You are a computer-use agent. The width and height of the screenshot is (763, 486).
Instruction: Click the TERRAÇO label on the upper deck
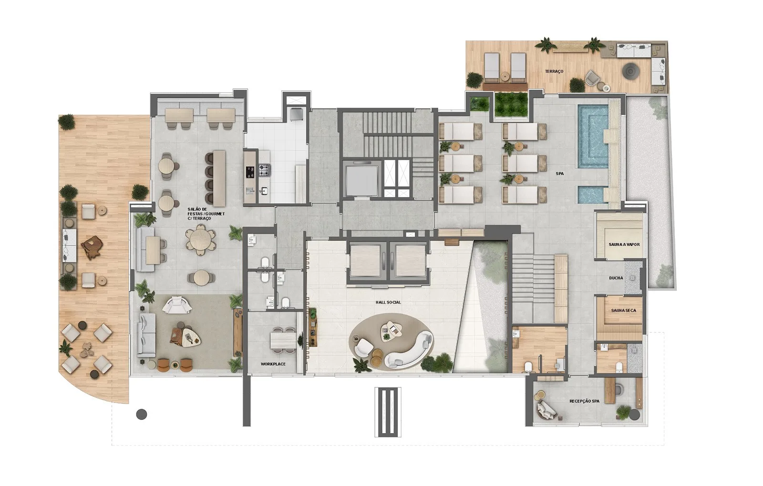pyautogui.click(x=554, y=71)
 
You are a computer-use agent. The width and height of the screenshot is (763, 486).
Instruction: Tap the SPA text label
pyautogui.click(x=560, y=173)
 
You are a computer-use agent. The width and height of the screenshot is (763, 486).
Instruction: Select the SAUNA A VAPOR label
pyautogui.click(x=624, y=244)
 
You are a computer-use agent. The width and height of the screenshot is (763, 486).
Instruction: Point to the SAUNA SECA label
pyautogui.click(x=624, y=310)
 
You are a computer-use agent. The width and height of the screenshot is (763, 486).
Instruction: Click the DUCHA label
pyautogui.click(x=616, y=278)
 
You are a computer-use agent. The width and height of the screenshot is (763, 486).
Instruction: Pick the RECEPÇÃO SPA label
pyautogui.click(x=585, y=401)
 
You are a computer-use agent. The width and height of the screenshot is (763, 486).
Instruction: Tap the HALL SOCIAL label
pyautogui.click(x=388, y=302)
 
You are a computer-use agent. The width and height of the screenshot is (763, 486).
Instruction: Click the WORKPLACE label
pyautogui.click(x=273, y=364)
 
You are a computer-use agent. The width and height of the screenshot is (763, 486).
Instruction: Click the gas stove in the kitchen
pyautogui.click(x=264, y=170)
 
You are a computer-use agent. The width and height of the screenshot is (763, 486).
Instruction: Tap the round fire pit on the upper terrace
pyautogui.click(x=629, y=71)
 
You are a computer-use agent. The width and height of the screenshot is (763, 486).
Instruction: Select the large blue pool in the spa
pyautogui.click(x=593, y=136)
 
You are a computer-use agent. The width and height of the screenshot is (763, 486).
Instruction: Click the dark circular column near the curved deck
pyautogui.click(x=142, y=415)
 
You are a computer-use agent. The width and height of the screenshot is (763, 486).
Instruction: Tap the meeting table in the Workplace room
pyautogui.click(x=283, y=340)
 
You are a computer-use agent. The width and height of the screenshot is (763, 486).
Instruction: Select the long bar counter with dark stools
pyautogui.click(x=219, y=178)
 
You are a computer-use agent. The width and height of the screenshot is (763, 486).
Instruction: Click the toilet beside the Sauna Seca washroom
pyautogui.click(x=619, y=366)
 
